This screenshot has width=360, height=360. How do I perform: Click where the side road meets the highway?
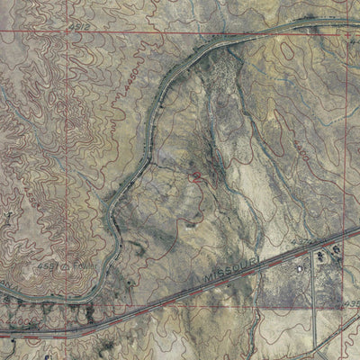(x=316, y=247)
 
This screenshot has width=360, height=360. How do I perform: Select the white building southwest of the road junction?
(x=298, y=267)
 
